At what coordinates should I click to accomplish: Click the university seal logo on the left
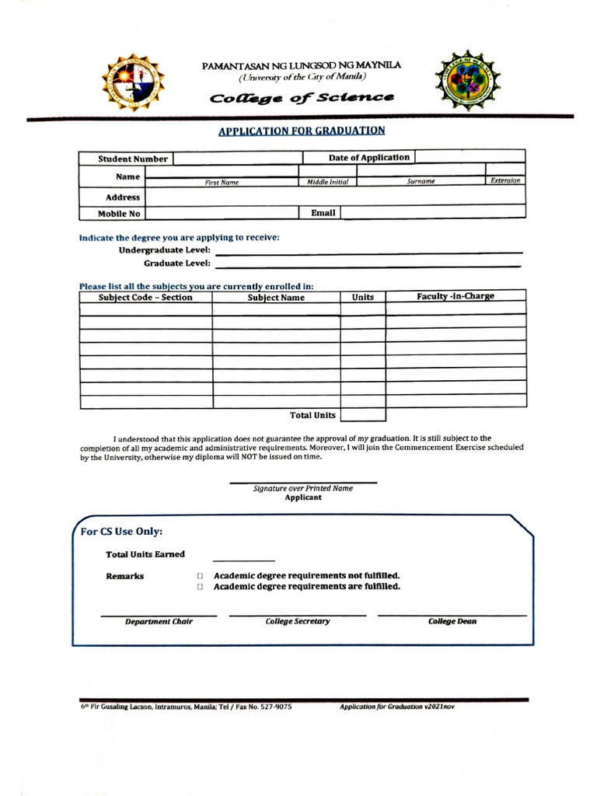(132, 82)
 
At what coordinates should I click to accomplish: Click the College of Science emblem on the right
(468, 81)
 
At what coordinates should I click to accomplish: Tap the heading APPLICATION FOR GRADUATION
(302, 131)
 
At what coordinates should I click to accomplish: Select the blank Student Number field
(236, 159)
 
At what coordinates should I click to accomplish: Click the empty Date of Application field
(470, 157)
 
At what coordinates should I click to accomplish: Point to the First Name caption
(222, 182)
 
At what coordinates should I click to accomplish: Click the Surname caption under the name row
(421, 181)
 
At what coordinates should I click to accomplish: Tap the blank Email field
(433, 212)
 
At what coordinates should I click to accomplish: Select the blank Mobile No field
(222, 213)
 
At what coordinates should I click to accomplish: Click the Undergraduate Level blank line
(368, 251)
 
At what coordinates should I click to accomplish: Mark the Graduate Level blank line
(368, 265)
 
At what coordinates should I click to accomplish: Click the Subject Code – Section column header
(145, 297)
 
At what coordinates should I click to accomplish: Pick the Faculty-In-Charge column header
(456, 296)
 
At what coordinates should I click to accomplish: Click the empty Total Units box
(363, 415)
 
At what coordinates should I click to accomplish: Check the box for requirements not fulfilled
(200, 576)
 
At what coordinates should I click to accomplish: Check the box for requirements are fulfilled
(200, 587)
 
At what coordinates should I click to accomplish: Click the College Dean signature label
(452, 621)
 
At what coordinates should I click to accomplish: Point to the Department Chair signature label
(159, 621)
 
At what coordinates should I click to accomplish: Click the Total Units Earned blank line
(243, 558)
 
